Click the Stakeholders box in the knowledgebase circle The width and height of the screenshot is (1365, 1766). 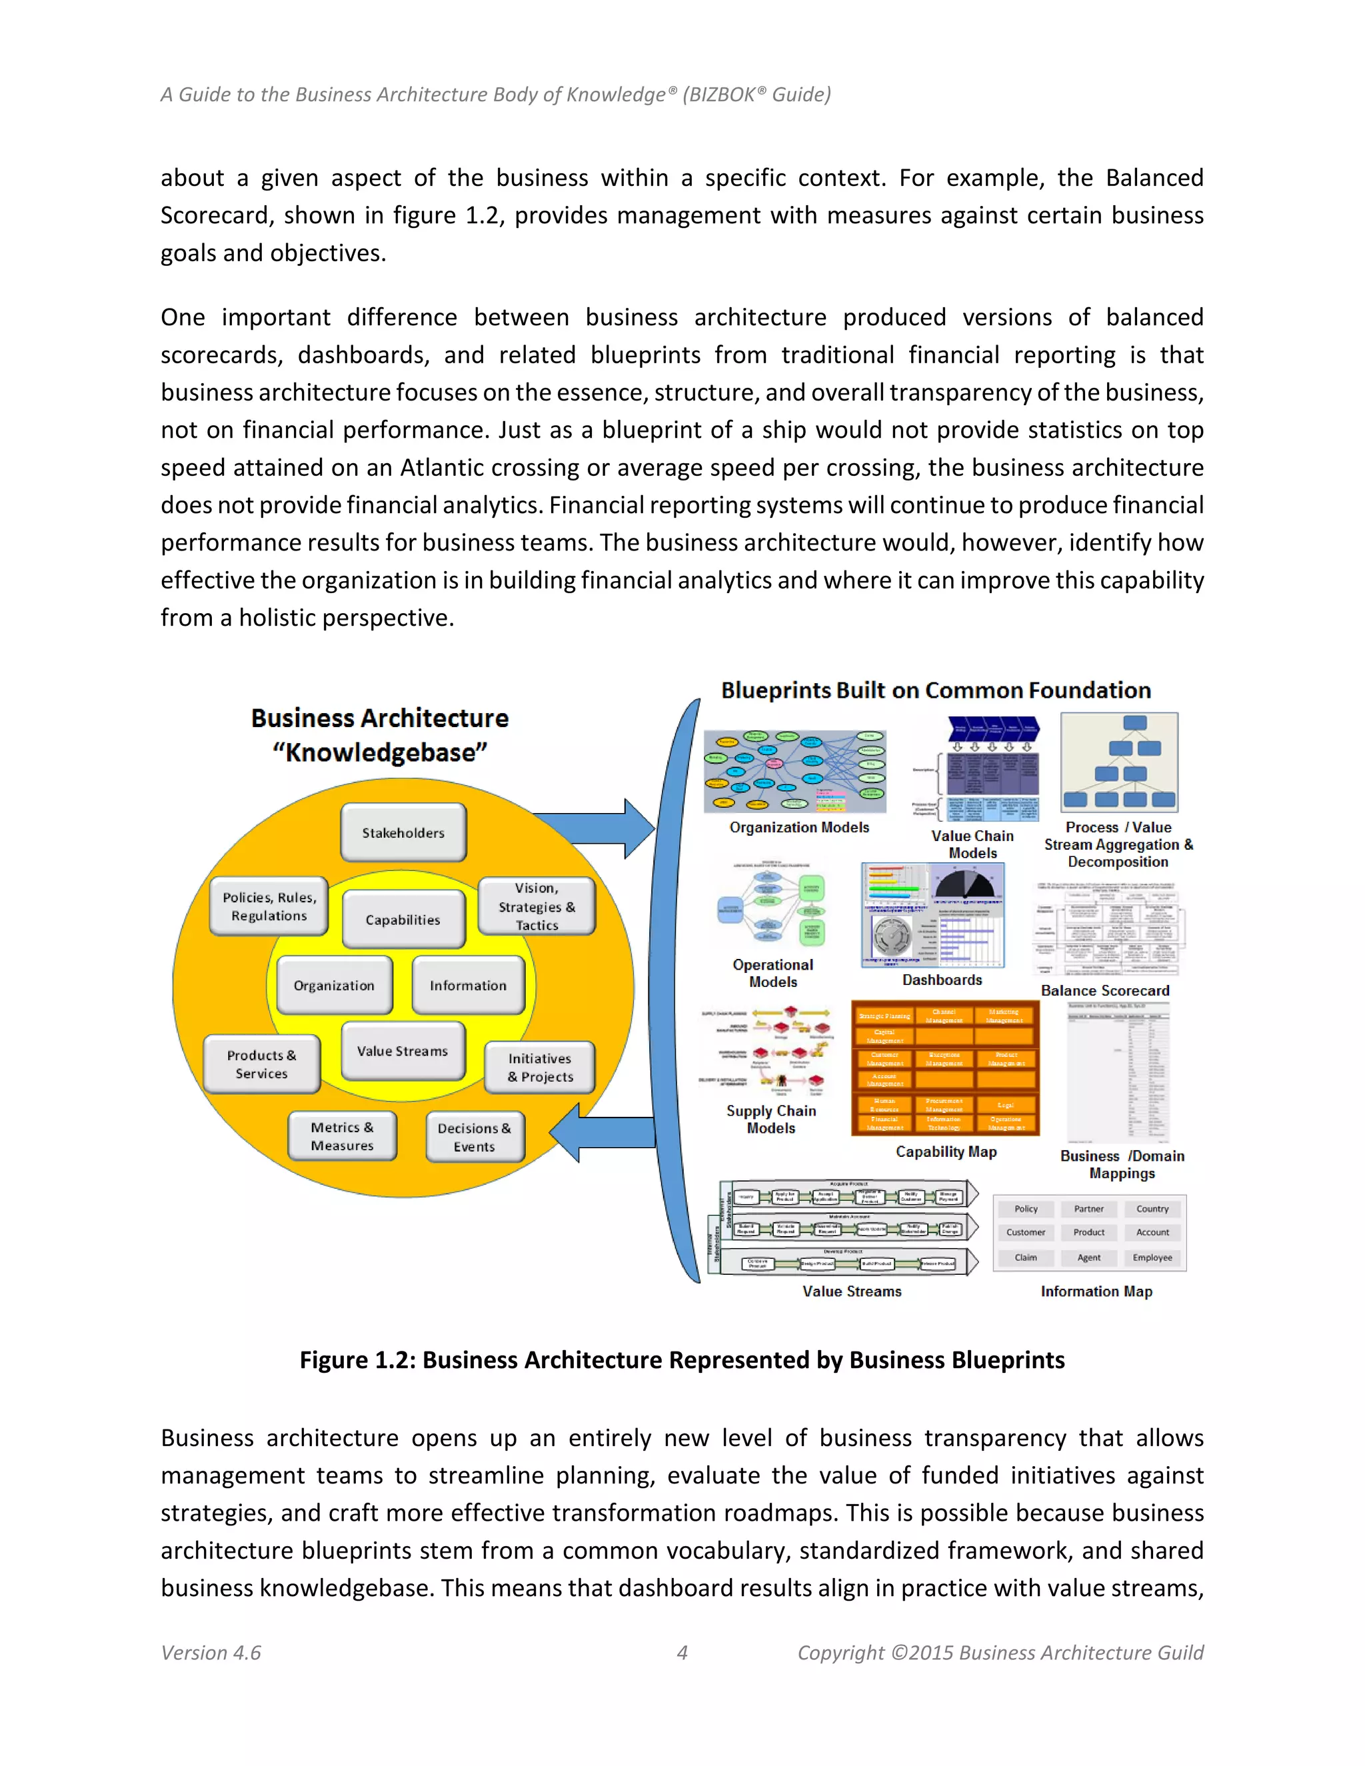click(x=403, y=832)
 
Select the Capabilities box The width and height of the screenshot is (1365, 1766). click(x=403, y=920)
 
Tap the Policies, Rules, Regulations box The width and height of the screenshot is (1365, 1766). click(x=269, y=906)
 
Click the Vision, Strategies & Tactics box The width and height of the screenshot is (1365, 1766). click(x=537, y=906)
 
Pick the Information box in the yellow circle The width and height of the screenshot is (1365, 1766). click(x=467, y=985)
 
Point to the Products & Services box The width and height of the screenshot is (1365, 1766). click(x=261, y=1064)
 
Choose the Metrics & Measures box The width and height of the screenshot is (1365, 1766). click(x=342, y=1136)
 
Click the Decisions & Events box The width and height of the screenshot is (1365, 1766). click(x=475, y=1137)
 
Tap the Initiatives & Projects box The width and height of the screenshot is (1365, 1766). click(x=540, y=1068)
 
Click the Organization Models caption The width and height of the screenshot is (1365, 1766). click(x=799, y=827)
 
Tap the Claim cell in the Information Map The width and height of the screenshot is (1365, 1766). click(x=1025, y=1258)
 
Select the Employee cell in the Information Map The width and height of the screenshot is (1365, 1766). click(x=1152, y=1258)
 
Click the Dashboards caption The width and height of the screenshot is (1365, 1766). click(x=942, y=980)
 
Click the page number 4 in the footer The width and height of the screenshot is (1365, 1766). click(x=682, y=1652)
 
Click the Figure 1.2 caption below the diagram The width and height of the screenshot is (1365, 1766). click(x=682, y=1360)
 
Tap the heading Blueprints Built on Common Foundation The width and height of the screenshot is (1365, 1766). click(x=936, y=690)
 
